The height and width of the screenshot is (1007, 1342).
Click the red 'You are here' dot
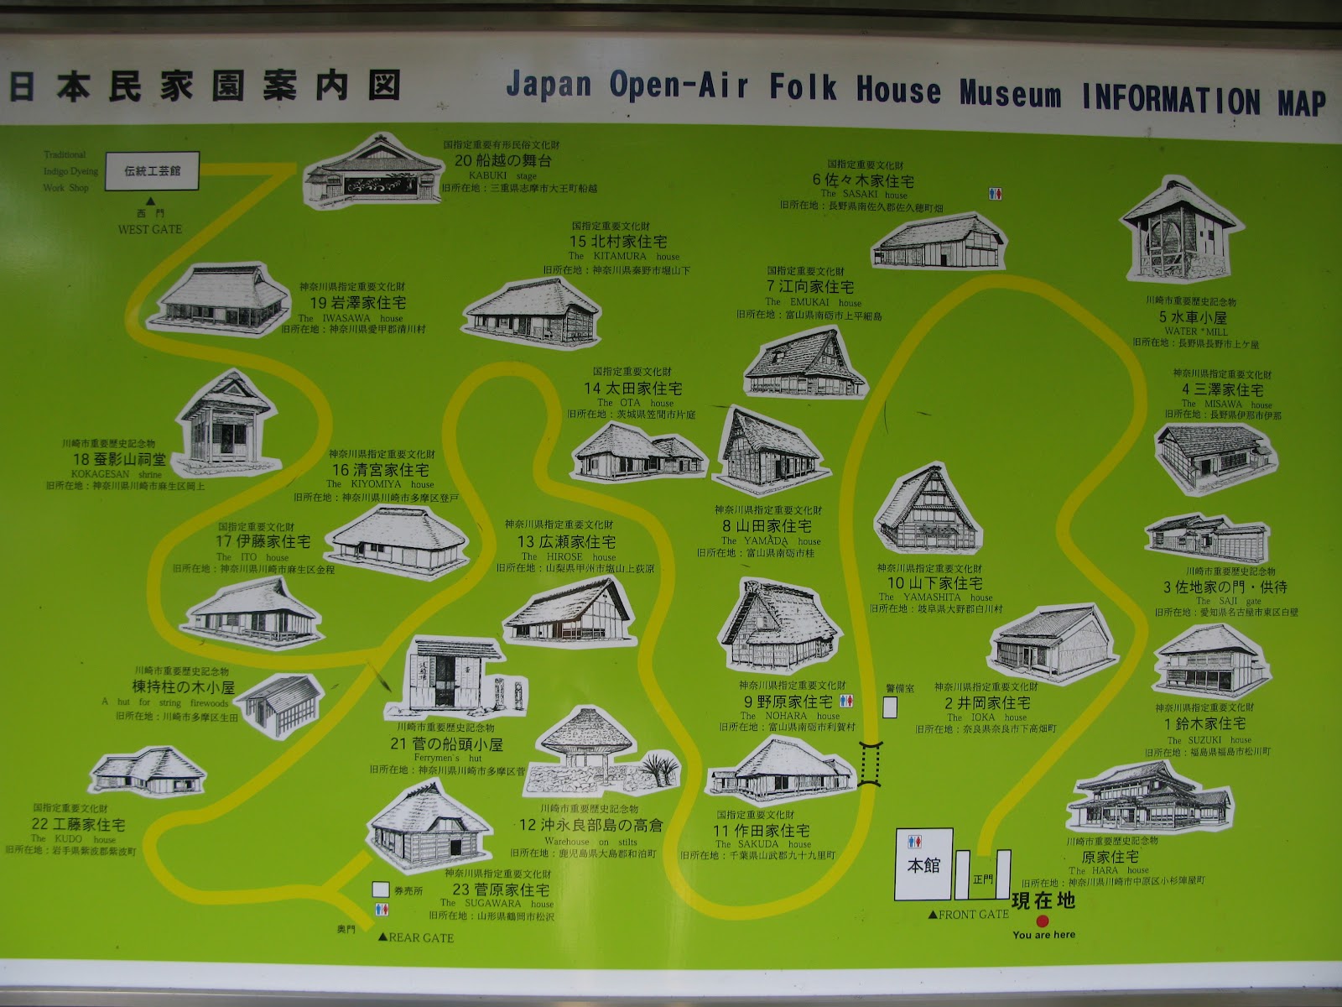pos(1043,921)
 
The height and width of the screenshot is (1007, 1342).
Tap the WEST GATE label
pos(149,229)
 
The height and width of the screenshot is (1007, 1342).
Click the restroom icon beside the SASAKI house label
pos(995,194)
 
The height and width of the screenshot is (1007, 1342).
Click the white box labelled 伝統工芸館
pos(152,170)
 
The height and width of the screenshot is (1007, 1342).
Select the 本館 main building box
pos(923,864)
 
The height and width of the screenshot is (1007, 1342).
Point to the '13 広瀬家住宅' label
pos(566,542)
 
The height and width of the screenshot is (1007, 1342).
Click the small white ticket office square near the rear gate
pos(381,889)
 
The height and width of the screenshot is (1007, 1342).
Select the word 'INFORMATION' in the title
pos(1171,99)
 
